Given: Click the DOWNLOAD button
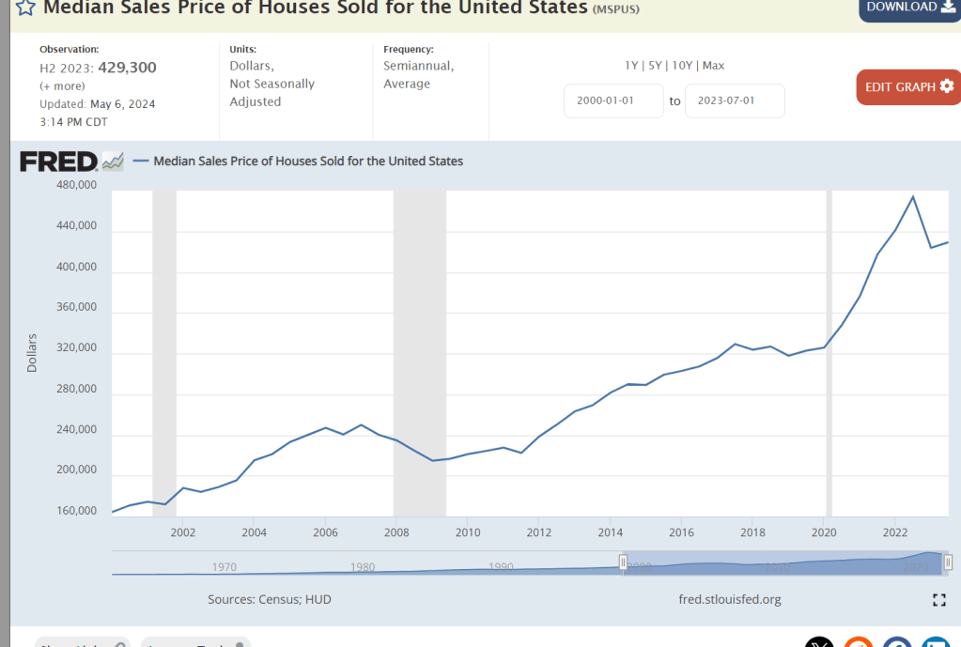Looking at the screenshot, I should pos(908,8).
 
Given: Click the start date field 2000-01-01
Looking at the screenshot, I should pos(613,100).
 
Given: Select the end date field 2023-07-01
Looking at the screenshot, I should pos(735,100).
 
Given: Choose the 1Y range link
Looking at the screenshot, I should pos(632,66).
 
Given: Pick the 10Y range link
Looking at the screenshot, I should pos(682,66).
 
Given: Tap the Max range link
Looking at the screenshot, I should pos(713,66).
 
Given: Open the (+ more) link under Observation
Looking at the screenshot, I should pos(62,85).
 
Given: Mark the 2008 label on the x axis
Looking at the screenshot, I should pos(396,532).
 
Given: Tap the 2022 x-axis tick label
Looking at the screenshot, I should pos(895,532).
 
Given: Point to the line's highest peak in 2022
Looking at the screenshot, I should pos(913,196).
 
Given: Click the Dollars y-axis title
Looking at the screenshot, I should pos(32,353).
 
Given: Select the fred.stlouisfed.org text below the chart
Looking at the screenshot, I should pos(729,599).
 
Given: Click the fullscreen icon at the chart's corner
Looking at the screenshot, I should pos(938,600).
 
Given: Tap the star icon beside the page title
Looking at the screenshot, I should pos(25,8).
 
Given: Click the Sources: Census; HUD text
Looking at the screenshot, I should pos(270,599).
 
